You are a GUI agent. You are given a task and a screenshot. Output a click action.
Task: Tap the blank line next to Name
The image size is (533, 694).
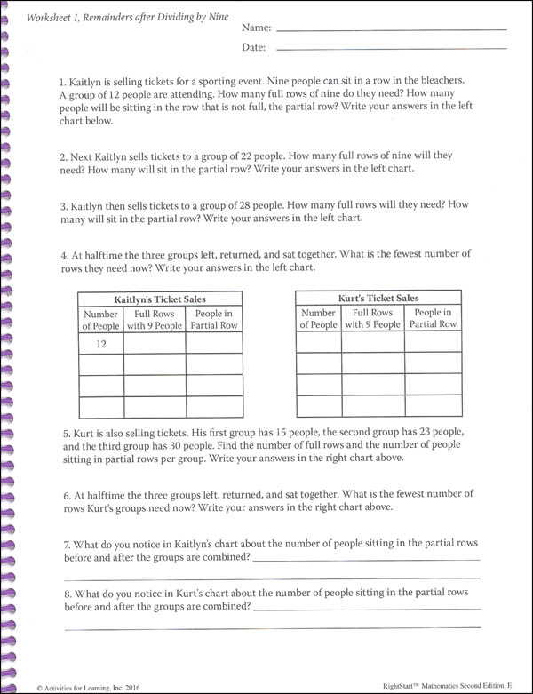[391, 31]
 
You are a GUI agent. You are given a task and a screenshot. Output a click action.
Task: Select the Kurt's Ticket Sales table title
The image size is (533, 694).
[378, 299]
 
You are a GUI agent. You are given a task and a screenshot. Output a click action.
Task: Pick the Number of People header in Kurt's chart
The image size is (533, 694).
[318, 319]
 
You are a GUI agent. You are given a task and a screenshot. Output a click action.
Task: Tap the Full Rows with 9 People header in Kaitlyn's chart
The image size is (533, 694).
[154, 320]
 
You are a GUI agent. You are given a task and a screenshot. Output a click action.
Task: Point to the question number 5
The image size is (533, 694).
[68, 432]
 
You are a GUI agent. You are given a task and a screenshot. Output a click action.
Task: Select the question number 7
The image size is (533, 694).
[68, 544]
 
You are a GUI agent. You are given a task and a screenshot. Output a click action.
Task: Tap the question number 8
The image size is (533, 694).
[68, 592]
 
